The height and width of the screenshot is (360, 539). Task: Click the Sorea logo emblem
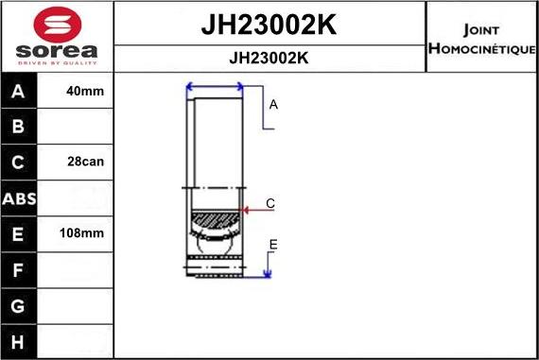coord(56,24)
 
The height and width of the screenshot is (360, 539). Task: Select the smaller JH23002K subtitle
coord(269,58)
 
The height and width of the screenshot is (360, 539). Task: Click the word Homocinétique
coord(481,48)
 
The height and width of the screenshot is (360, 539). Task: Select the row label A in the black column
coord(19,92)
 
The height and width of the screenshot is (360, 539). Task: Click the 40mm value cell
coord(86,92)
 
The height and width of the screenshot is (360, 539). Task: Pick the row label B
coord(19,127)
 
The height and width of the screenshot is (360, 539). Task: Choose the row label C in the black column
coord(19,162)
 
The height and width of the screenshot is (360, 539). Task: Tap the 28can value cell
coord(86,162)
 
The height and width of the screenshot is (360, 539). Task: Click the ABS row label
coord(19,197)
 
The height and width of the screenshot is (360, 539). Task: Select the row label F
coord(19,269)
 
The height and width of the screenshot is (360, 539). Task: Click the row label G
coord(19,305)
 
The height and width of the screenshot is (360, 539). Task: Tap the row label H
coord(19,340)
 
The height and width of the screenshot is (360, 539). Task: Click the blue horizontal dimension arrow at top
coord(216,88)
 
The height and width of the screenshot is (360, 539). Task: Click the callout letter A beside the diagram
coord(273,105)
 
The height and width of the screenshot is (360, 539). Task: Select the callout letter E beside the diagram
coord(272,245)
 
